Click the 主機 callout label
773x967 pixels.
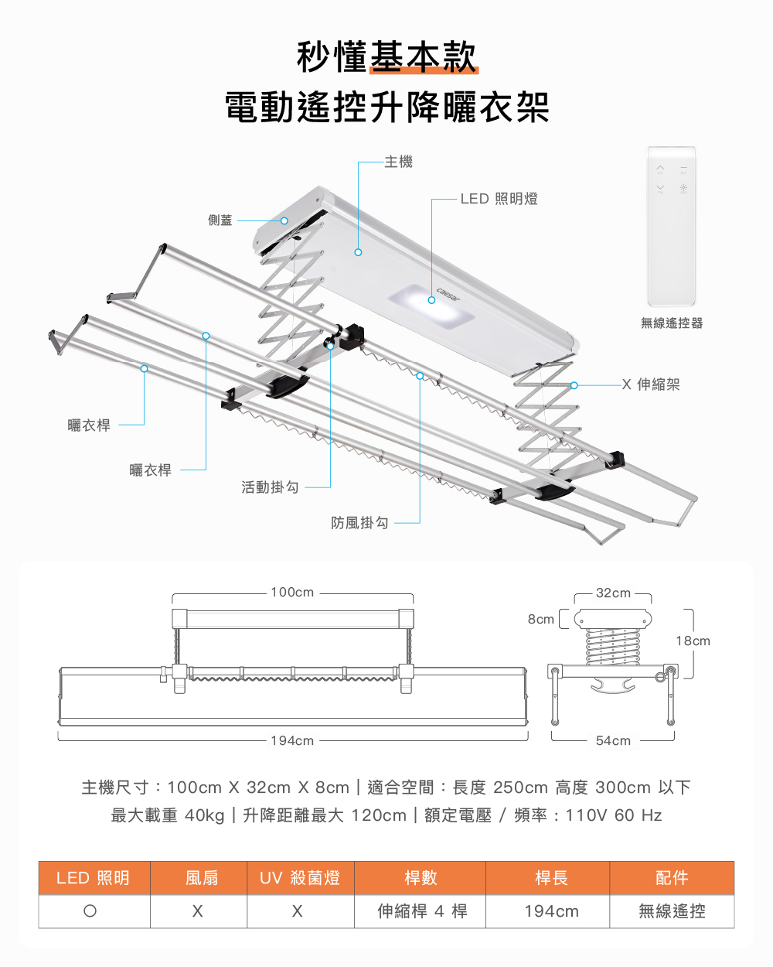(x=399, y=162)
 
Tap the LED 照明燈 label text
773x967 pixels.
(x=499, y=199)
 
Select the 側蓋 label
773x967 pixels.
(x=220, y=220)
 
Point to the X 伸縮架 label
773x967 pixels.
(x=651, y=384)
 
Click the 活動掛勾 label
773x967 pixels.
(x=270, y=487)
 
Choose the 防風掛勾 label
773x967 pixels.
(x=359, y=523)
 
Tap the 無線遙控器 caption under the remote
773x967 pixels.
(x=671, y=323)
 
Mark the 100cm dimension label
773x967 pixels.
(x=292, y=593)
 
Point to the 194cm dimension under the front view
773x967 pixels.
(x=292, y=741)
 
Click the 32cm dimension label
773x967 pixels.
(x=613, y=593)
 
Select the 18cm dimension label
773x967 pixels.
(x=693, y=641)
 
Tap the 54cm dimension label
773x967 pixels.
(x=613, y=741)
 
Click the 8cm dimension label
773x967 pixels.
(x=540, y=620)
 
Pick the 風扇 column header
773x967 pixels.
(x=202, y=878)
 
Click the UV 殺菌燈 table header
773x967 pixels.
(x=300, y=878)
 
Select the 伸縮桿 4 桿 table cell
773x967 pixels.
(x=422, y=911)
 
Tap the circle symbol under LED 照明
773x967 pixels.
(x=90, y=911)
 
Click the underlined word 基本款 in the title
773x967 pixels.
(x=424, y=57)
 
